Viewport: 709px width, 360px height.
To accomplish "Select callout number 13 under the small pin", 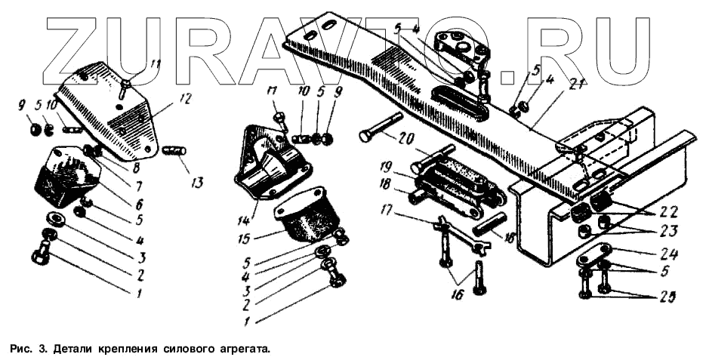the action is coord(197,181).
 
